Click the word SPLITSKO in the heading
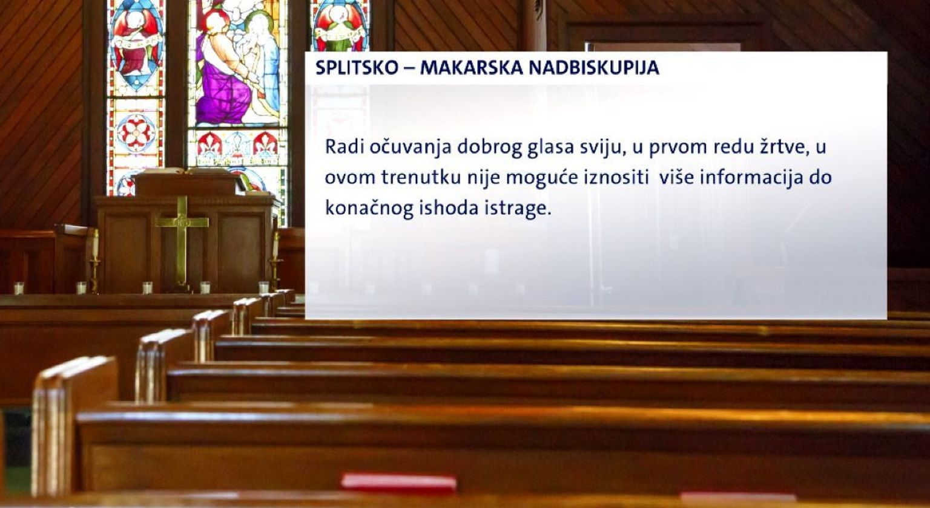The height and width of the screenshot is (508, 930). (357, 68)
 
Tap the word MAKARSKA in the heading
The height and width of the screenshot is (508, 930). (471, 68)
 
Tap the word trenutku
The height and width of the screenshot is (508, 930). (421, 177)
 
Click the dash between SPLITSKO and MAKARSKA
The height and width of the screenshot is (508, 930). (409, 69)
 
